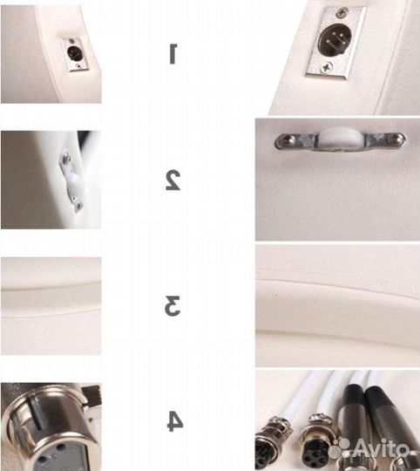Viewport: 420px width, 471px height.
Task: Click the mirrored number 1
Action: [173, 54]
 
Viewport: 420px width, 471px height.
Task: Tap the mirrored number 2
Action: [173, 180]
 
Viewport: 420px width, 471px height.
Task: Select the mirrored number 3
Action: [173, 306]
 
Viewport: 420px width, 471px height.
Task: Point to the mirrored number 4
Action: [174, 421]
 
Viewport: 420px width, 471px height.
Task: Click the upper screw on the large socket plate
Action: [342, 12]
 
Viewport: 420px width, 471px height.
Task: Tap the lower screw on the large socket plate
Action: [326, 67]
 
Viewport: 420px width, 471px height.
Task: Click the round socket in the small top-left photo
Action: [72, 53]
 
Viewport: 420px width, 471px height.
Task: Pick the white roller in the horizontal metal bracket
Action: [340, 138]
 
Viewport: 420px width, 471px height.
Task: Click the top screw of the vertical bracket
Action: [65, 155]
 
